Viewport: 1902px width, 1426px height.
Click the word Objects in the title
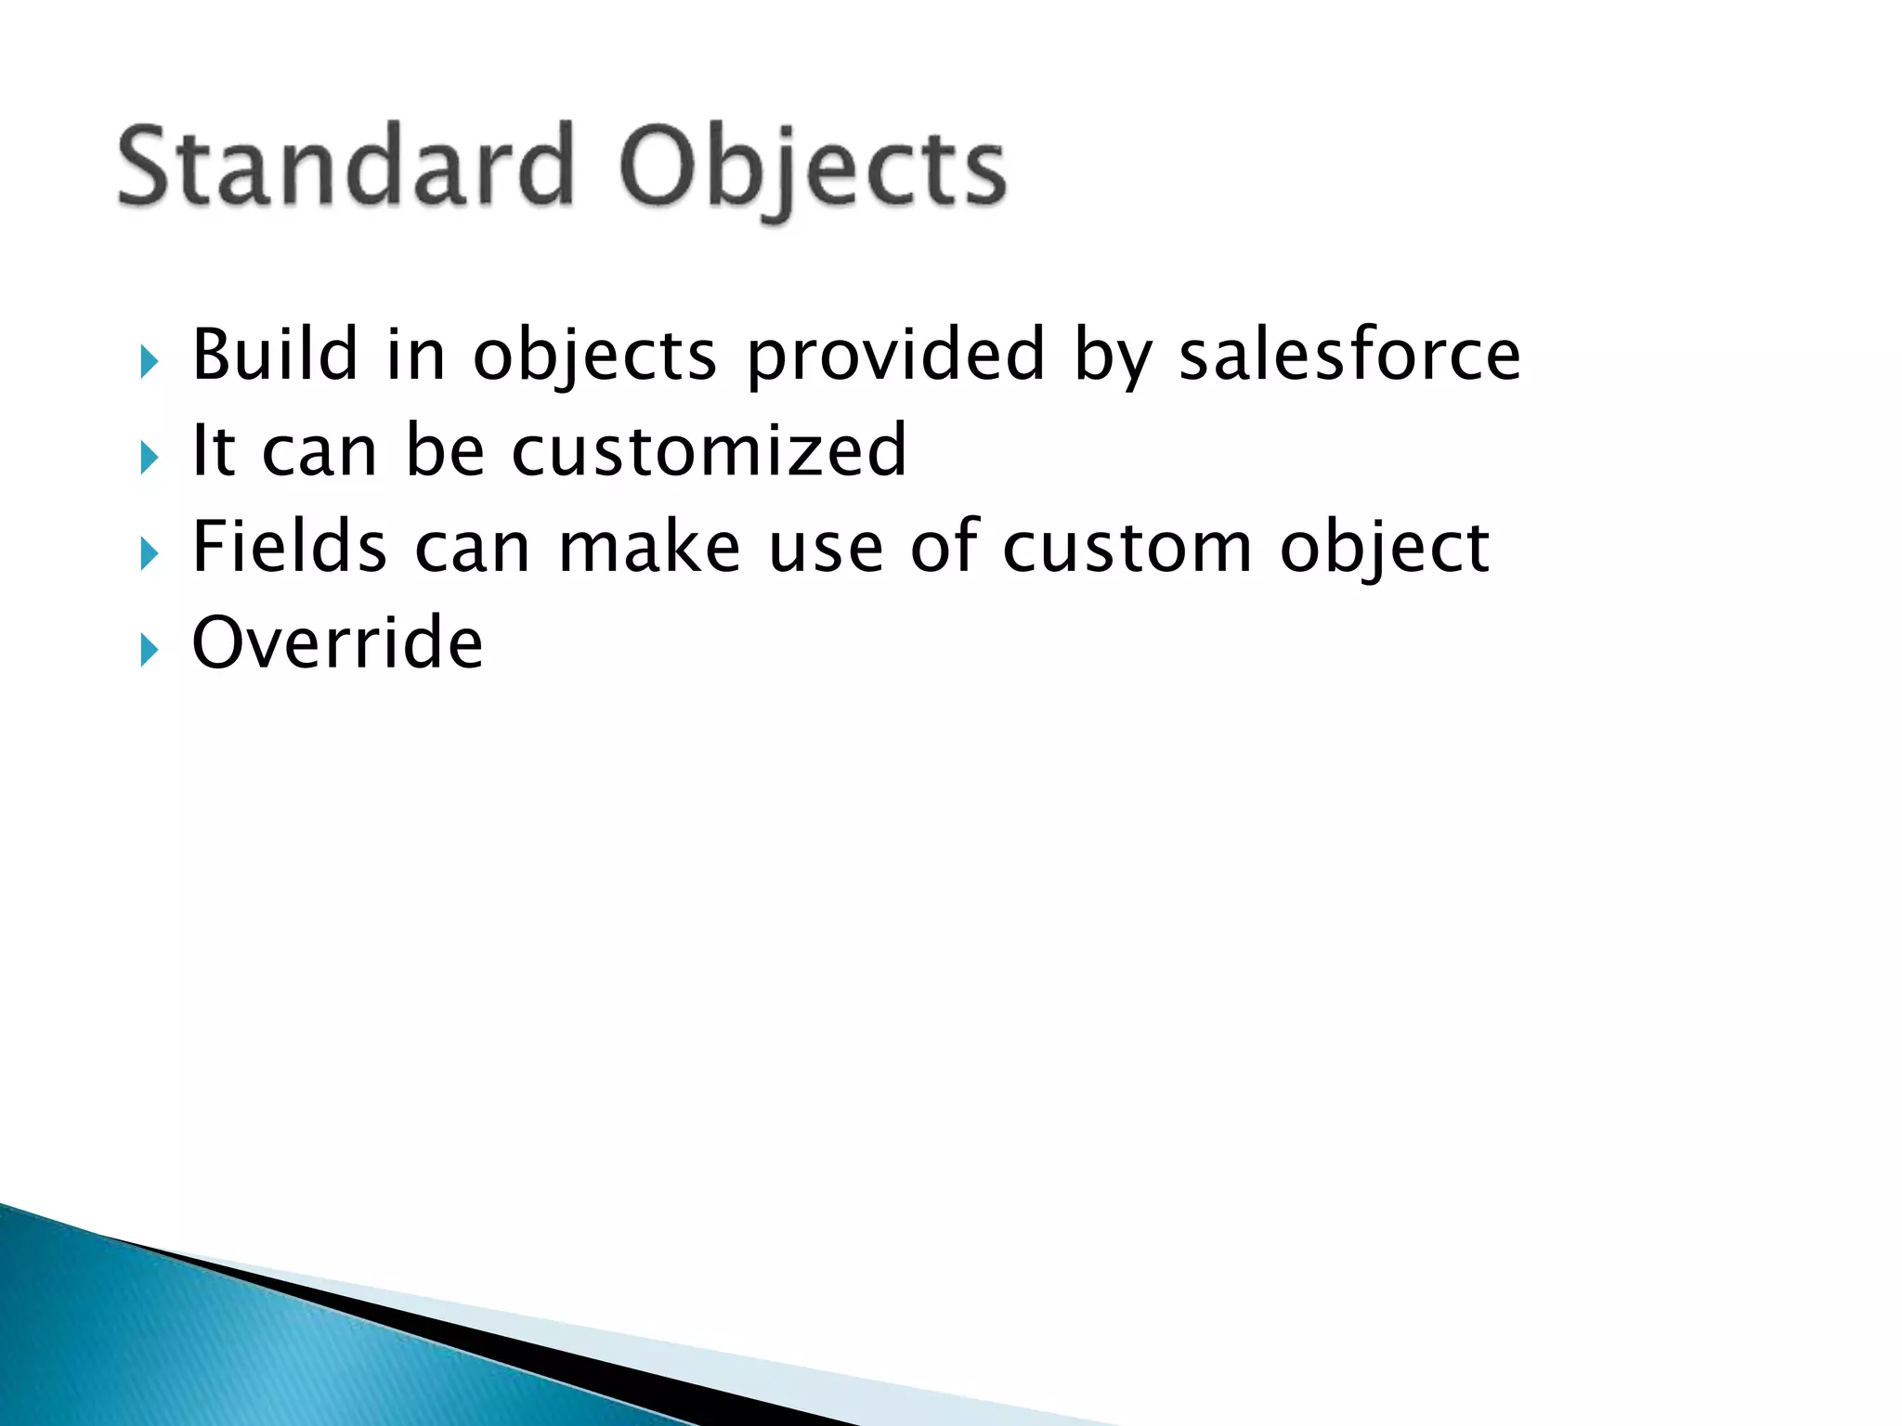click(812, 172)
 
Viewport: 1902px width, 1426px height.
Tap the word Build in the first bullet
click(275, 355)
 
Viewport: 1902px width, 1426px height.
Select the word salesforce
click(1349, 355)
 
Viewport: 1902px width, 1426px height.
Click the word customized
click(709, 450)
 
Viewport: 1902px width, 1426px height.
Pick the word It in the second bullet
click(214, 450)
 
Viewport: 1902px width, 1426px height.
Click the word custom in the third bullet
click(1127, 548)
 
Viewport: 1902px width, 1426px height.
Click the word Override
click(337, 642)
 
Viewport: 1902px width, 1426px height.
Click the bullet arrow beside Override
click(150, 650)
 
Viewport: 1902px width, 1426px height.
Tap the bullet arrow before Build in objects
click(150, 362)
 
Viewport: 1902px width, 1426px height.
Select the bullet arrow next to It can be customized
click(150, 458)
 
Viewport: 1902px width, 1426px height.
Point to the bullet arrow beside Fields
click(150, 554)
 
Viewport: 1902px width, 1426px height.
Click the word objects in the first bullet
click(594, 356)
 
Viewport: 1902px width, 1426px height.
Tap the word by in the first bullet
click(1113, 356)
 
